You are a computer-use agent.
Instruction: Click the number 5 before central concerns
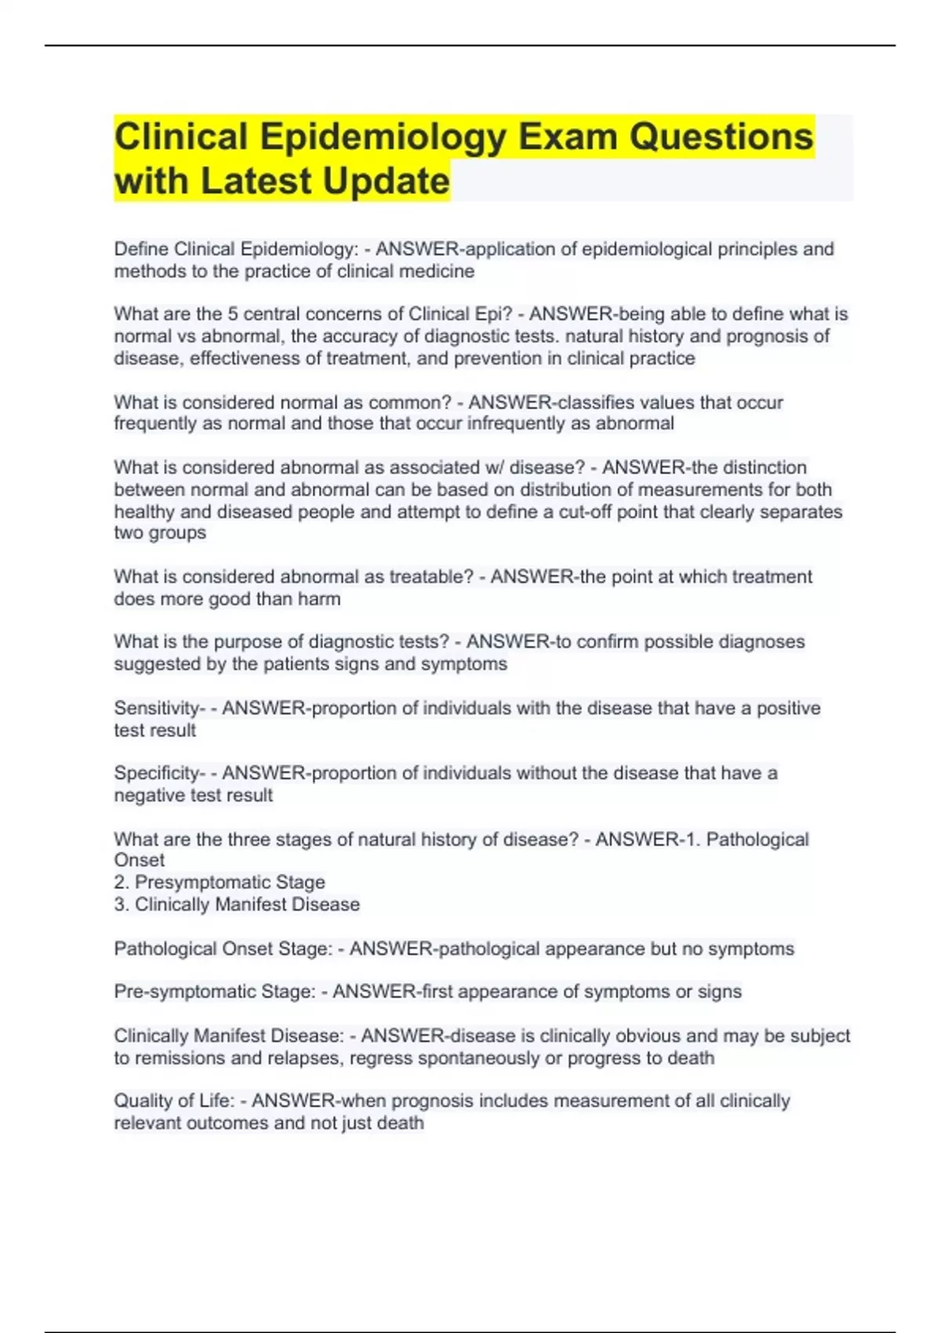coord(233,314)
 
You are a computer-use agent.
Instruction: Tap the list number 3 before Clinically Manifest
coord(121,904)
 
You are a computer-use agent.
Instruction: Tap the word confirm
coord(605,641)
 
